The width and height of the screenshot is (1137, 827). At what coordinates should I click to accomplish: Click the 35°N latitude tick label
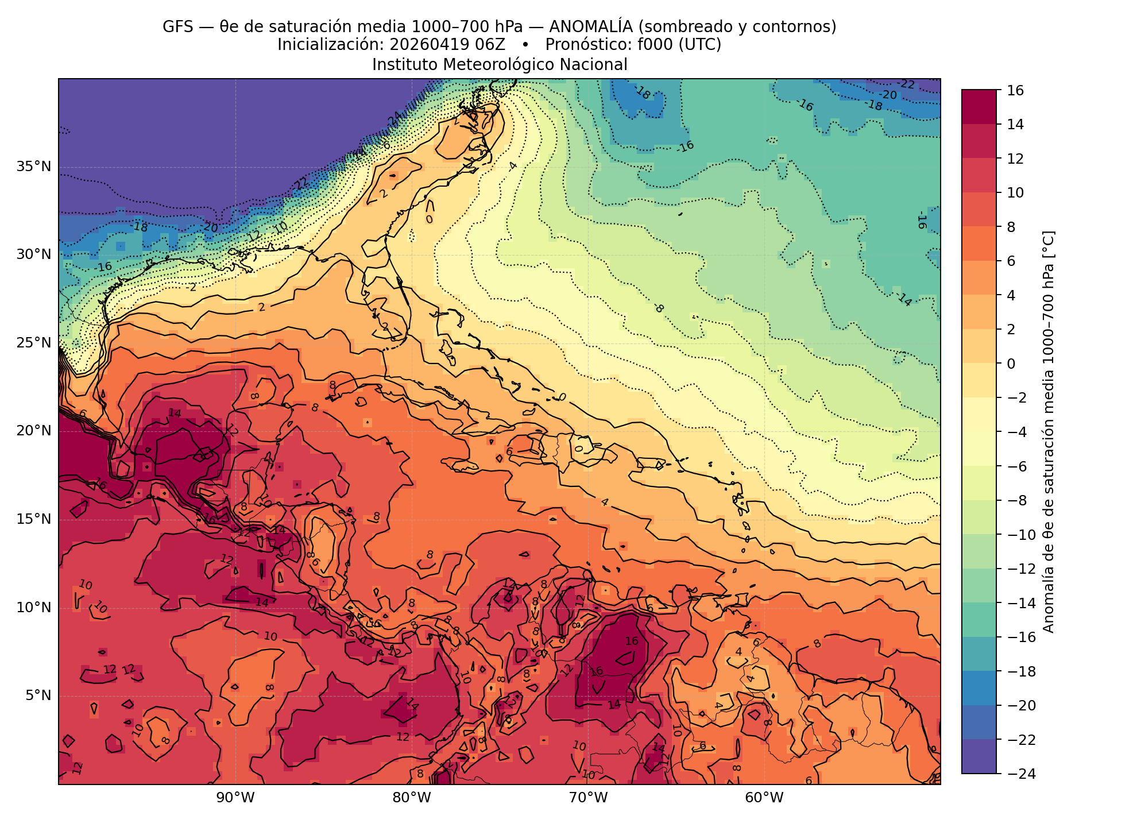point(33,167)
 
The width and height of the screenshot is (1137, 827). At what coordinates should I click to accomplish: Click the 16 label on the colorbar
point(1015,90)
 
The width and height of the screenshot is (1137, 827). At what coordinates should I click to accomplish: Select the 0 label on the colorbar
point(1011,364)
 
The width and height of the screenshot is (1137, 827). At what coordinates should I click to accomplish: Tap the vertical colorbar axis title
point(1049,432)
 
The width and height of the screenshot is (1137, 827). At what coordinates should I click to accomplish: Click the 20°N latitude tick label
point(33,431)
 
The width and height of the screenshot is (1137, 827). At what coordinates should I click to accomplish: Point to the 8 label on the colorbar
point(1011,227)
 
